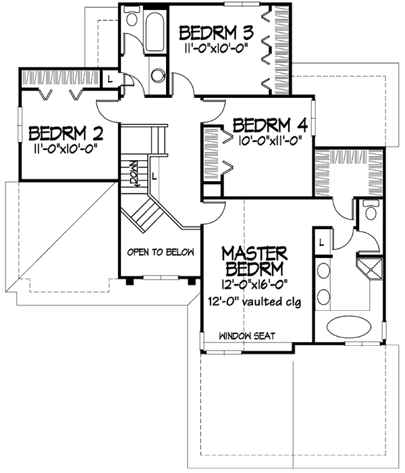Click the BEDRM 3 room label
(216, 33)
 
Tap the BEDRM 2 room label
(65, 134)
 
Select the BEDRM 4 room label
(270, 126)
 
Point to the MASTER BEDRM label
(254, 262)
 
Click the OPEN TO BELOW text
(161, 252)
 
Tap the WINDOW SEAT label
(247, 335)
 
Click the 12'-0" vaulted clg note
(254, 301)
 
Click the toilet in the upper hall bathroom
(132, 16)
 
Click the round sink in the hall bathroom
(158, 76)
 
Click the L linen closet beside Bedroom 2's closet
(110, 80)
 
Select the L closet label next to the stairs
(155, 176)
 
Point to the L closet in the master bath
(322, 242)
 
